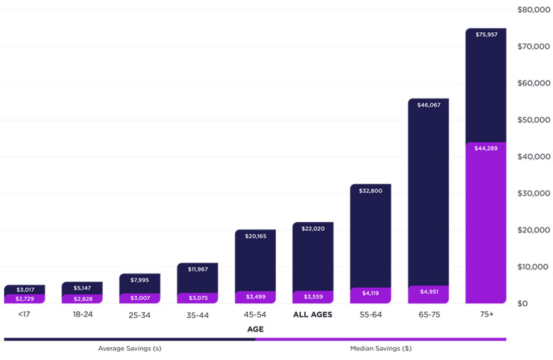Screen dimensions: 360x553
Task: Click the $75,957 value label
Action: pos(486,34)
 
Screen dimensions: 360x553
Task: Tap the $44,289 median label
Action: pos(486,148)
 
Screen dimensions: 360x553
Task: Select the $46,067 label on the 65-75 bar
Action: pos(428,105)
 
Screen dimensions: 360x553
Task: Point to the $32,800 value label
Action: pos(371,190)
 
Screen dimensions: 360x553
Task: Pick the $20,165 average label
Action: pos(255,236)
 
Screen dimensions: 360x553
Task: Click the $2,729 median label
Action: pos(24,299)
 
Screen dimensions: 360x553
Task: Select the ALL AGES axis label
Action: pos(313,315)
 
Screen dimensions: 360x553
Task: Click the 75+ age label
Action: pos(486,315)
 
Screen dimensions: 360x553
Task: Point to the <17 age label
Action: pos(24,315)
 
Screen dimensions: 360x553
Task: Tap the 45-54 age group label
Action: pos(255,315)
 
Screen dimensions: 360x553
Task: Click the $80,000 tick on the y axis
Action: pos(532,10)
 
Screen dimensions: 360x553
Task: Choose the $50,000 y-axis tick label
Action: pos(532,120)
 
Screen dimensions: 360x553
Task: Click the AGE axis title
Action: pos(255,329)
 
